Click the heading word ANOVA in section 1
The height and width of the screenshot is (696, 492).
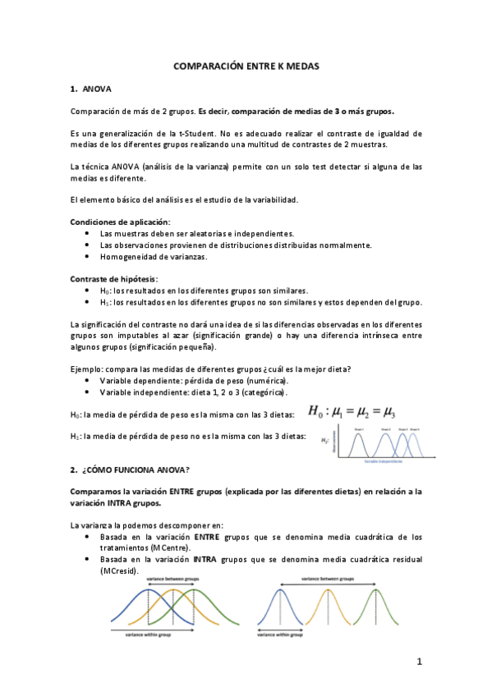coord(97,88)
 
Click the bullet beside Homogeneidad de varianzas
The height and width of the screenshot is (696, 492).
coord(88,257)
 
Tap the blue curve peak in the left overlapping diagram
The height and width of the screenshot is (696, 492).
coord(131,593)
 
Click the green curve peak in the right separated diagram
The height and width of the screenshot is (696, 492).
coord(375,592)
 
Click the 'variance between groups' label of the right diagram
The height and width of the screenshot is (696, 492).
coord(327,579)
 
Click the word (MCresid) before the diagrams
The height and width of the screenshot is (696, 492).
coord(118,570)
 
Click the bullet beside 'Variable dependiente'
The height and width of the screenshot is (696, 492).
coord(88,382)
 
